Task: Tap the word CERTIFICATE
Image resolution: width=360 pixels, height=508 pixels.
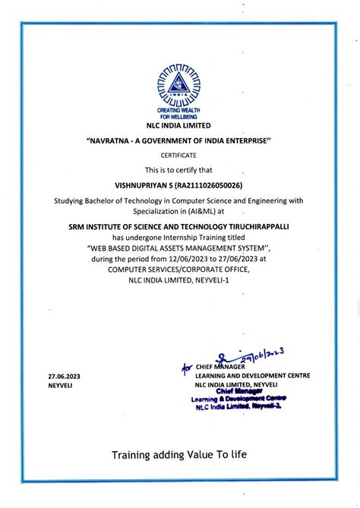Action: click(178, 154)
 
